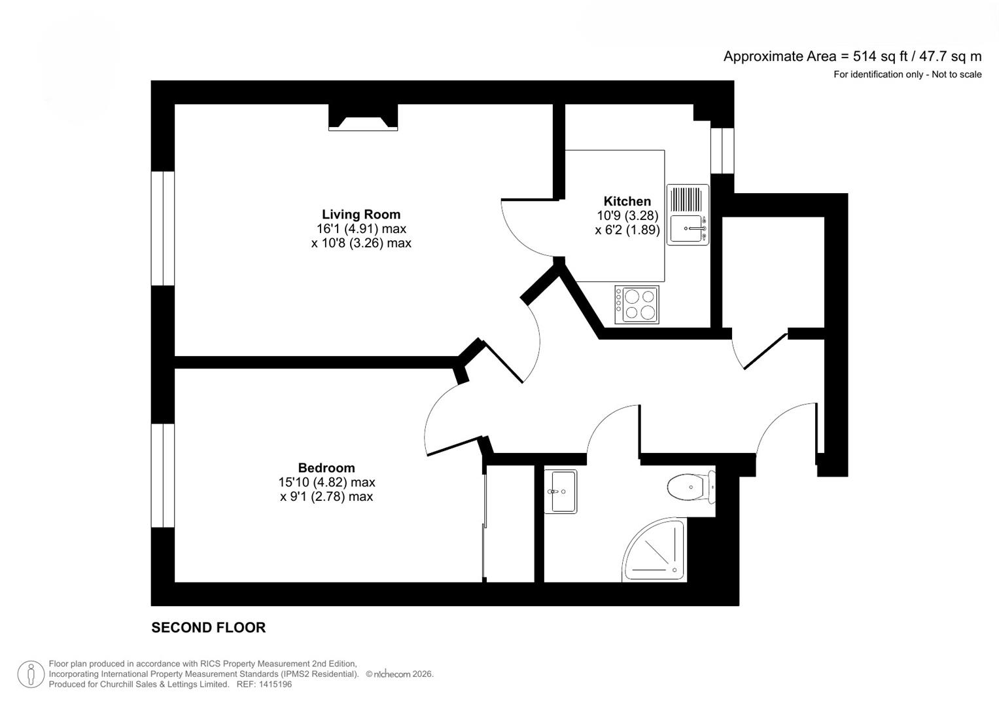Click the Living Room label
tap(360, 214)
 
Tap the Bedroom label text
tap(326, 467)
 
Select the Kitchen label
tap(627, 201)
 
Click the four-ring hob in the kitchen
tap(637, 304)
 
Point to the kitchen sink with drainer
tap(688, 215)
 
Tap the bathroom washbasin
tap(560, 491)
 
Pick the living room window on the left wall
tap(163, 228)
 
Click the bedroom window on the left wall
tap(163, 475)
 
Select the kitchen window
tap(722, 151)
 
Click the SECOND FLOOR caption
tap(208, 627)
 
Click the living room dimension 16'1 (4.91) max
tap(360, 228)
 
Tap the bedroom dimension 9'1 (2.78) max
tap(326, 496)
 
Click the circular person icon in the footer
tap(31, 674)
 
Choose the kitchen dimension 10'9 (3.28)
tap(627, 215)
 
